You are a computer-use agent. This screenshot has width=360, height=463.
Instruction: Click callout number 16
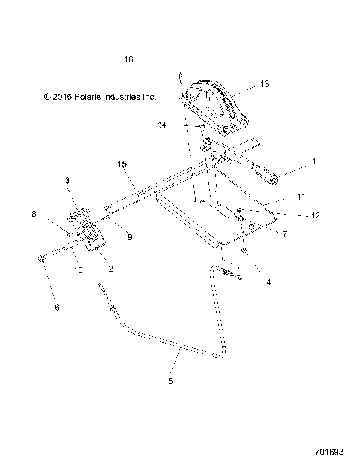128,59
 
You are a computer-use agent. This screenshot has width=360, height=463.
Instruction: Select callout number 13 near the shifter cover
264,84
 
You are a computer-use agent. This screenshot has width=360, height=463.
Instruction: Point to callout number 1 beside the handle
314,161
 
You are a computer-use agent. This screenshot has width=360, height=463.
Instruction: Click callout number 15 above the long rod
121,163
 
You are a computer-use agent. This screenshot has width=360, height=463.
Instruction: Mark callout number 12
316,215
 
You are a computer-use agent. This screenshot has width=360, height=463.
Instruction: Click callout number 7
285,235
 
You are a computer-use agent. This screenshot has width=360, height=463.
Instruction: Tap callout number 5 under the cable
170,382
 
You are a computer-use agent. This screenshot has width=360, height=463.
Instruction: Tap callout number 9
130,237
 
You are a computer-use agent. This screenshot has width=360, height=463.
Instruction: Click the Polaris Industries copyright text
99,97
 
